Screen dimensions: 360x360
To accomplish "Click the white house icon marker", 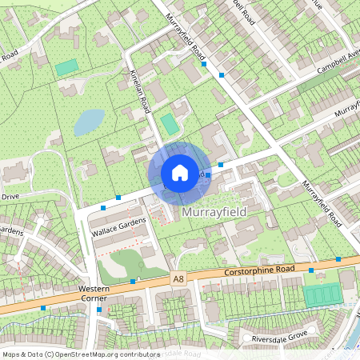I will pyautogui.click(x=180, y=173).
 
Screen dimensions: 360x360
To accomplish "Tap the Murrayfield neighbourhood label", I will pyautogui.click(x=214, y=212).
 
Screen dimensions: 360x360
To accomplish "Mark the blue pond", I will pyautogui.click(x=88, y=122).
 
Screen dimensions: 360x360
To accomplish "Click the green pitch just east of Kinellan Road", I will pyautogui.click(x=169, y=124).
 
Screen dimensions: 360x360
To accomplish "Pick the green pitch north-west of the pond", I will pyautogui.click(x=67, y=68).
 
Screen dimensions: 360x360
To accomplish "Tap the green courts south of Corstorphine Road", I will pyautogui.click(x=322, y=294).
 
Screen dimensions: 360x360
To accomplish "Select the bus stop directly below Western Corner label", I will pyautogui.click(x=98, y=309).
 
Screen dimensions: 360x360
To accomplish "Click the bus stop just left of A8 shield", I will pyautogui.click(x=133, y=282).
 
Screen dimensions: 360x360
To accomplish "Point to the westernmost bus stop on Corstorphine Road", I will pyautogui.click(x=42, y=307).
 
